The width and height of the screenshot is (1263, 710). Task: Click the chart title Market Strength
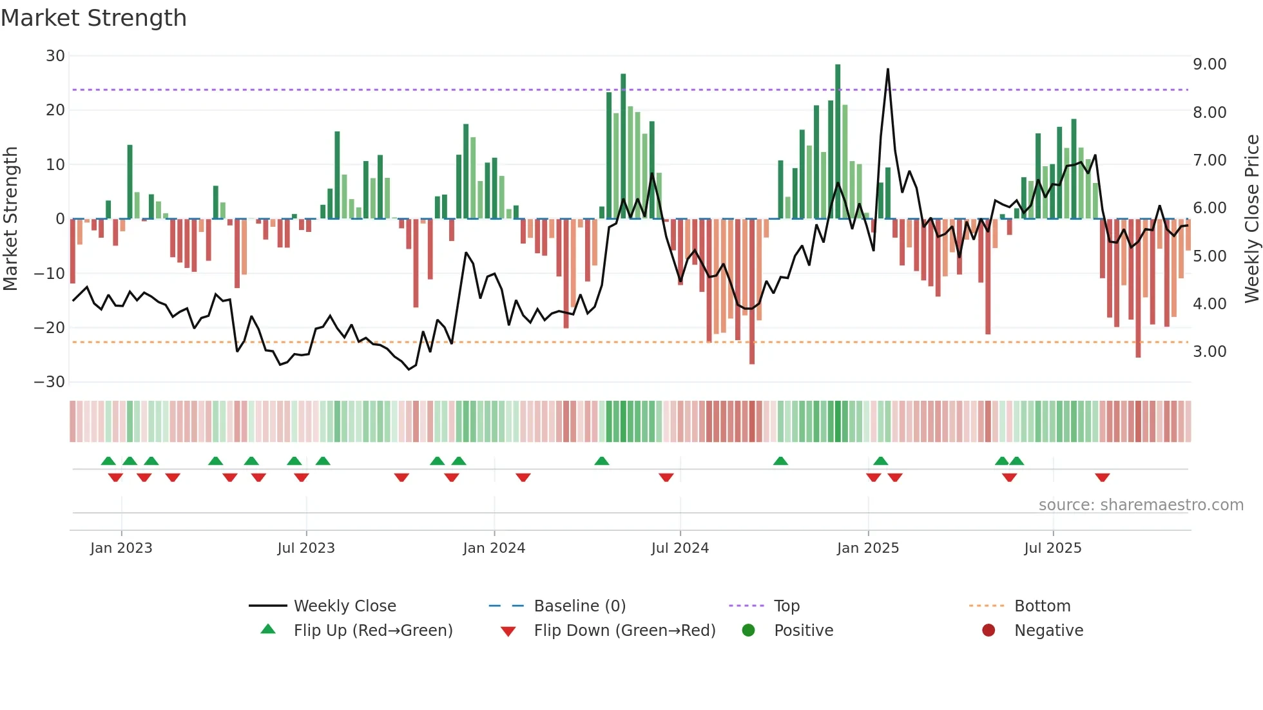point(93,18)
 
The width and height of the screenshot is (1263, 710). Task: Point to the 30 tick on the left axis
point(55,56)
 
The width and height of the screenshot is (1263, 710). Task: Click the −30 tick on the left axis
point(50,382)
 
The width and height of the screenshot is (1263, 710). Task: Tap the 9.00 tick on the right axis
point(1210,64)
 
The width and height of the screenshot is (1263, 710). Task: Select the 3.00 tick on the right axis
point(1210,352)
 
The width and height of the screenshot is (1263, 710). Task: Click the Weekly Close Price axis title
point(1251,219)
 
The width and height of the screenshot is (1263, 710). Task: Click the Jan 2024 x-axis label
point(494,548)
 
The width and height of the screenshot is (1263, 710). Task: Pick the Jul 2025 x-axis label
point(1052,548)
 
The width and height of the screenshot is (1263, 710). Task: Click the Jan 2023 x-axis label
point(121,548)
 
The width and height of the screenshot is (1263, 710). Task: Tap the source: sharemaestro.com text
point(1141,505)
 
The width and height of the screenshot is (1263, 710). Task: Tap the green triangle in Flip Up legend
point(268,629)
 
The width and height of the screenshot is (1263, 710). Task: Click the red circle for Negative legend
point(988,630)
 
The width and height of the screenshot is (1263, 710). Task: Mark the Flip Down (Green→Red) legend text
point(624,631)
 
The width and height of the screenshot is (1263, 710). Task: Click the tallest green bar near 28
point(838,142)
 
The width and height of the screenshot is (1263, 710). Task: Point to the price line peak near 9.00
point(887,70)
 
